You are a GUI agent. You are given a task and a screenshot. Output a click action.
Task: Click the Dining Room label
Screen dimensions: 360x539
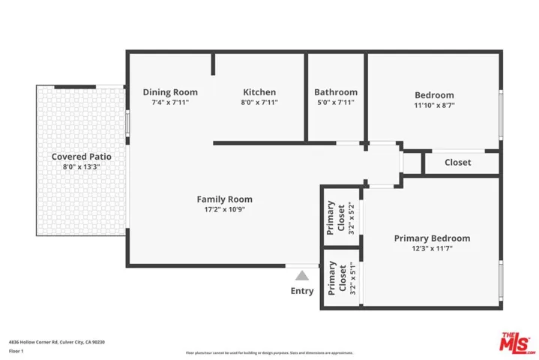tap(170, 92)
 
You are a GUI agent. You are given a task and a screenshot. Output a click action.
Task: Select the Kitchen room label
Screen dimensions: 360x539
tap(259, 92)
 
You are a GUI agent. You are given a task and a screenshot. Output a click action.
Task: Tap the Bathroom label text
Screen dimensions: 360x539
tap(335, 92)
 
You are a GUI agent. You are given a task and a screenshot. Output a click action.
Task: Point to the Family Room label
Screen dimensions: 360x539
tap(224, 199)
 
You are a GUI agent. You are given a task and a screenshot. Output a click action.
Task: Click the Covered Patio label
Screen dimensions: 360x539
tap(81, 157)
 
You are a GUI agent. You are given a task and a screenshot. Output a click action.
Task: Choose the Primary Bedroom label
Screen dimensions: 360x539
tap(432, 238)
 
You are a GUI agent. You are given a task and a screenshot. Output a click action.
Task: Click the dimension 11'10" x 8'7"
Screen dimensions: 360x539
tap(434, 106)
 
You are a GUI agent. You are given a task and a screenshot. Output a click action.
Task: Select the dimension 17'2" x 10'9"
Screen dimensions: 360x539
tap(224, 210)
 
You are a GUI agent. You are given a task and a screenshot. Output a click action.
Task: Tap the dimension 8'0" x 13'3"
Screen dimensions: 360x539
tap(81, 167)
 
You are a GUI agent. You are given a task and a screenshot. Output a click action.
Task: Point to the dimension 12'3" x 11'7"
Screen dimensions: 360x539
tap(432, 249)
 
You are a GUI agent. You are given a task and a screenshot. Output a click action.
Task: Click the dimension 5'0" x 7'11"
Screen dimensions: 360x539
tap(335, 103)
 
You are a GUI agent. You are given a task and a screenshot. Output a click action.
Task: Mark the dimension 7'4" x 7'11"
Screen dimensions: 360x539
tap(170, 103)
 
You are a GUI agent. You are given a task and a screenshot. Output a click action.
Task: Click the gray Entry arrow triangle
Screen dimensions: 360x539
tap(302, 275)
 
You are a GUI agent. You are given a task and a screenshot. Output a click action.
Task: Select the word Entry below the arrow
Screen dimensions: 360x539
tap(302, 291)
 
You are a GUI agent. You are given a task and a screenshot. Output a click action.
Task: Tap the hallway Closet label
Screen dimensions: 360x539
tap(457, 162)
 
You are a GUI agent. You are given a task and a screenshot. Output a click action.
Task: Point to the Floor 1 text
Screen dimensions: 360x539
tap(16, 351)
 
